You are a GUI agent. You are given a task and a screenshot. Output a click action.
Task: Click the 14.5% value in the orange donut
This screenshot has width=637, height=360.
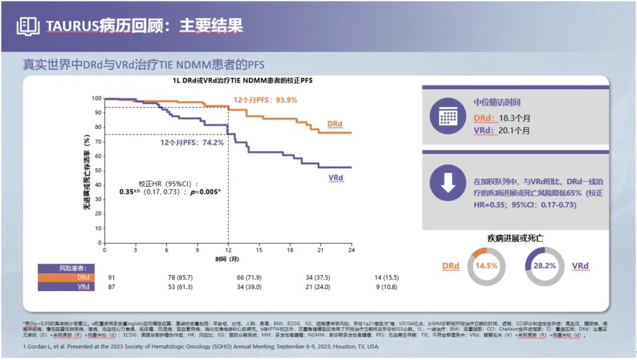coord(487,266)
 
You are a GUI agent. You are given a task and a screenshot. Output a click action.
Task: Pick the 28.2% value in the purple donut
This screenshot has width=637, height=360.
coord(544,266)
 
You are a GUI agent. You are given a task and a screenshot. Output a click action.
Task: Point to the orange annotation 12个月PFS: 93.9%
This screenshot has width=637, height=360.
coord(265,100)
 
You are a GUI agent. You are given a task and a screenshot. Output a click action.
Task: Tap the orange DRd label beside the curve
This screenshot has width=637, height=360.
coord(335,124)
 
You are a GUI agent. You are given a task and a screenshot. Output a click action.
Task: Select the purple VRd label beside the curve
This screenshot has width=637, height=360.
coord(336,177)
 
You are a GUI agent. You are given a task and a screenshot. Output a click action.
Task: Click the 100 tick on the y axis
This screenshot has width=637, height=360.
coord(97,98)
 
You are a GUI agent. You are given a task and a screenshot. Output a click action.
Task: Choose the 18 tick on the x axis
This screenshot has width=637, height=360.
coord(290,250)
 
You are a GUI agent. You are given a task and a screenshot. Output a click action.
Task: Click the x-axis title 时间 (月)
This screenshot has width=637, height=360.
coord(227,259)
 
